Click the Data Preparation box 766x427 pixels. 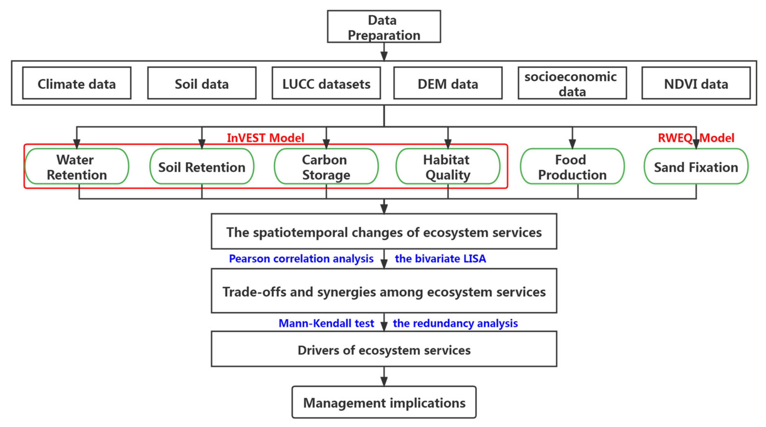pyautogui.click(x=384, y=27)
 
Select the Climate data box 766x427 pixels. pyautogui.click(x=77, y=83)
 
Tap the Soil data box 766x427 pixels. pyautogui.click(x=202, y=83)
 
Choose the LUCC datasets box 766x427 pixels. pyautogui.click(x=326, y=83)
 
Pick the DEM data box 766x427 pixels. pyautogui.click(x=448, y=83)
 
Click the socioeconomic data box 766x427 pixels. pyautogui.click(x=572, y=83)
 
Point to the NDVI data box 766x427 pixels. pyautogui.click(x=696, y=83)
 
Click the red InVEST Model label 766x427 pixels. pyautogui.click(x=266, y=138)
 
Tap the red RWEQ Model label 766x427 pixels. pyautogui.click(x=696, y=138)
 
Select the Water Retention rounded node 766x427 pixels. pyautogui.click(x=77, y=167)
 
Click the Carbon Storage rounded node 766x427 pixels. pyautogui.click(x=326, y=167)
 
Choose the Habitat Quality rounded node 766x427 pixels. pyautogui.click(x=448, y=167)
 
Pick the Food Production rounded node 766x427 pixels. pyautogui.click(x=572, y=167)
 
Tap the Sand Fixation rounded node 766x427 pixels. pyautogui.click(x=696, y=167)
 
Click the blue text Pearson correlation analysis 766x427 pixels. pyautogui.click(x=301, y=259)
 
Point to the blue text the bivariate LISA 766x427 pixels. pyautogui.click(x=440, y=259)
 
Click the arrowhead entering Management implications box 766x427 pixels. pyautogui.click(x=384, y=382)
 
